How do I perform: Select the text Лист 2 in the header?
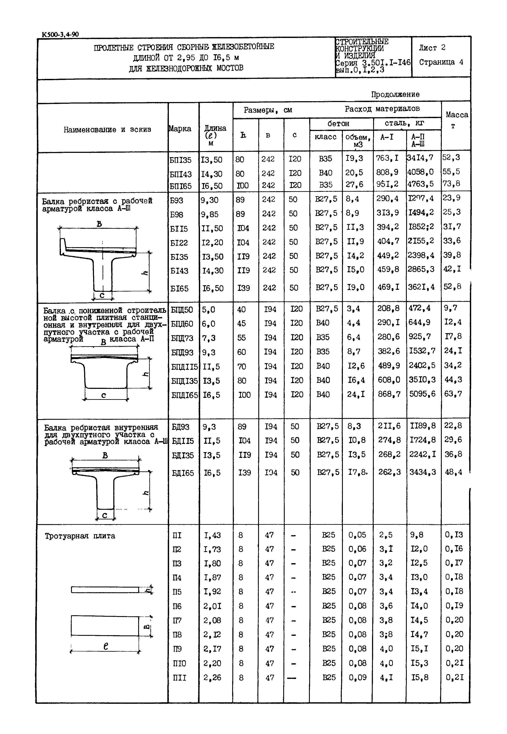[432, 48]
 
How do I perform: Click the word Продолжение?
[395, 94]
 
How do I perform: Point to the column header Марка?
[180, 129]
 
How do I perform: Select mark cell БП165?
[181, 186]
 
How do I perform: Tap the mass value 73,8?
[451, 184]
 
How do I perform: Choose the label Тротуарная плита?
[80, 536]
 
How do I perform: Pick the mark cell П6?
[177, 606]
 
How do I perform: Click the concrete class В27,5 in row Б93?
[326, 199]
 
